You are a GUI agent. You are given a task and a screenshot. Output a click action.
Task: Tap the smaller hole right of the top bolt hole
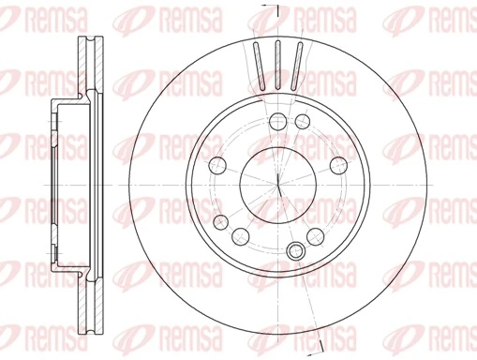tap(302, 122)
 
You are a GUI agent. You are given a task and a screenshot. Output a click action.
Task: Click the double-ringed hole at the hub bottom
tap(297, 249)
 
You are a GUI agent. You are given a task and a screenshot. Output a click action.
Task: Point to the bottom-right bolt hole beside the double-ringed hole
tap(320, 234)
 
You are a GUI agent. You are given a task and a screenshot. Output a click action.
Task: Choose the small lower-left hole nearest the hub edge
tap(221, 221)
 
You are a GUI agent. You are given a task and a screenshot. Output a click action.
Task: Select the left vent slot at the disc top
tap(257, 66)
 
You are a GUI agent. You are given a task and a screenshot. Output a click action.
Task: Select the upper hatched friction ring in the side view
tap(91, 66)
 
